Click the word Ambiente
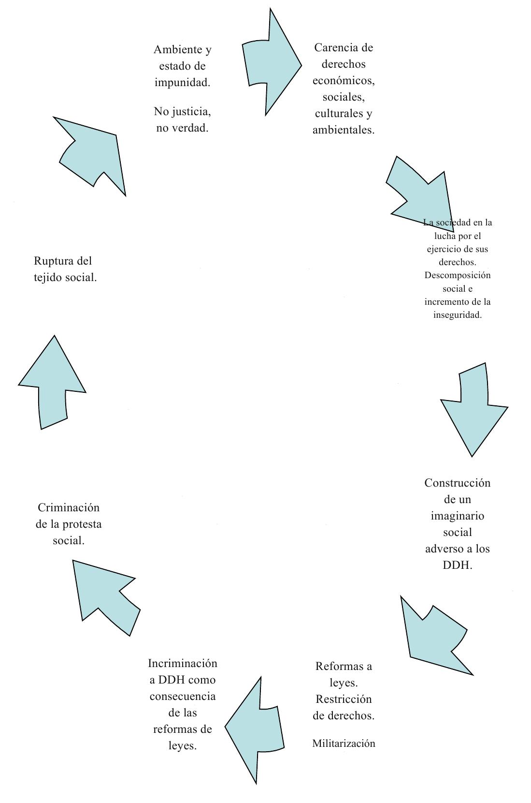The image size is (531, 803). point(178,49)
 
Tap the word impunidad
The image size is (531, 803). point(182,83)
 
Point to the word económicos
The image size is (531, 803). point(344,81)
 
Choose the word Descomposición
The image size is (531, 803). point(458,276)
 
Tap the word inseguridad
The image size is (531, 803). point(458,315)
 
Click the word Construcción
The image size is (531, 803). point(457,483)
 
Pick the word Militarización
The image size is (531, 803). point(344,744)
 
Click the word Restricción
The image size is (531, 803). point(344,699)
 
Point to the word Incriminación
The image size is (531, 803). point(183,663)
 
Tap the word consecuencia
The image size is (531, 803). point(183,696)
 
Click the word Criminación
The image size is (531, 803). point(69,507)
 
